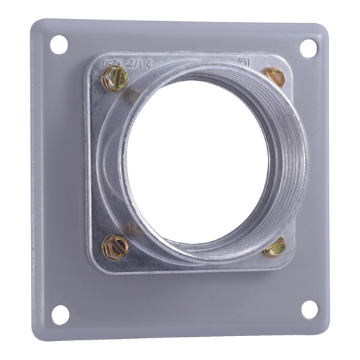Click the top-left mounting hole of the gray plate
pyautogui.click(x=59, y=44)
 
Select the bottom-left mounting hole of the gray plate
pyautogui.click(x=60, y=315)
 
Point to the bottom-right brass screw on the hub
pyautogui.click(x=276, y=247)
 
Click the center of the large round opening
pyautogui.click(x=199, y=161)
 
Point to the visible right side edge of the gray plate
pyautogui.click(x=333, y=176)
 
